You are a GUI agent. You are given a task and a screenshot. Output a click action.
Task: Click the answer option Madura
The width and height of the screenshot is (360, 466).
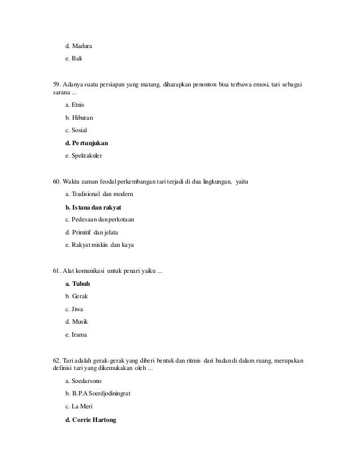[81, 45]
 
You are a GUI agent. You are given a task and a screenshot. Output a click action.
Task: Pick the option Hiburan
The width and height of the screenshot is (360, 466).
[82, 117]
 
